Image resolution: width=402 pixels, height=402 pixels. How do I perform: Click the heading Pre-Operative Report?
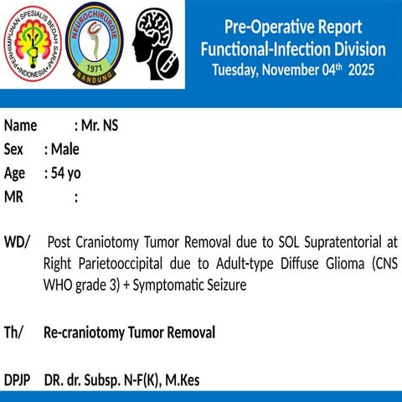coord(293,27)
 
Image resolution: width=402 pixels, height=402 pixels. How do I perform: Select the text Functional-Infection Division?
coord(293,49)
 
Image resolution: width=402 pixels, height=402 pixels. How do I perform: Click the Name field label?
coord(21,126)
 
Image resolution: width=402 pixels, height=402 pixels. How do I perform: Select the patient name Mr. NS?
coord(100,126)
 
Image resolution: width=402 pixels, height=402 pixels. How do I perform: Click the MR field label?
coord(13,198)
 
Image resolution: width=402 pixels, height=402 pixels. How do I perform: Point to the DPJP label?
coord(18,380)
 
